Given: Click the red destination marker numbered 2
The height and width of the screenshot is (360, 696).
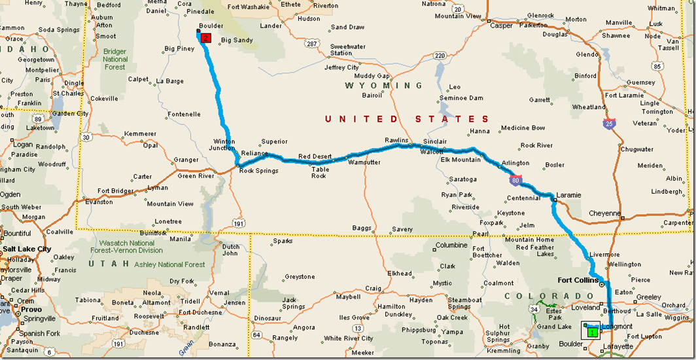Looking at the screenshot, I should click(206, 38).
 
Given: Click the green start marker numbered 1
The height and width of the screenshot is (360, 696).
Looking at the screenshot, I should click(591, 332).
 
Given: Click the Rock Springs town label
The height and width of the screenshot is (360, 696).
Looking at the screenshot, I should click(258, 171).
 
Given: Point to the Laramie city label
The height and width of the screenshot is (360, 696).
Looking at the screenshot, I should click(568, 195).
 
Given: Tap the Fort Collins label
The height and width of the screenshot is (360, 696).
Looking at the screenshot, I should click(578, 280).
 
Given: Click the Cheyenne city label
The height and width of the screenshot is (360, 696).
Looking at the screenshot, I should click(604, 213).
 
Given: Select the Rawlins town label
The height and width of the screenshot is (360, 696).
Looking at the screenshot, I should click(396, 141).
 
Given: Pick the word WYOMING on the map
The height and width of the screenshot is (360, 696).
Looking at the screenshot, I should click(384, 86).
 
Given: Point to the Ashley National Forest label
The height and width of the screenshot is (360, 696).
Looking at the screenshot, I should click(169, 264).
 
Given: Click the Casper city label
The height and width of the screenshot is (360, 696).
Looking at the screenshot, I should click(502, 26).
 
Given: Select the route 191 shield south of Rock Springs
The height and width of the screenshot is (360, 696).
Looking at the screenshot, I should click(239, 224).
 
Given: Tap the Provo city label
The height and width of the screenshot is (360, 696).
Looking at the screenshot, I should click(31, 309).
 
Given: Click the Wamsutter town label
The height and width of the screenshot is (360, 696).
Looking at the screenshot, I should click(364, 162).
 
